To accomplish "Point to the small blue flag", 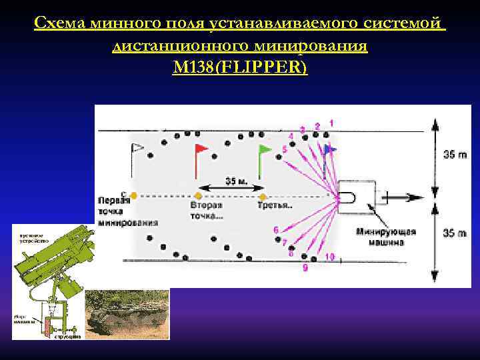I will pos(330,151).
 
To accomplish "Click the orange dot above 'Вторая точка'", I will pos(198,197).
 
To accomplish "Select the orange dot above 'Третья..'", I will pos(263,197).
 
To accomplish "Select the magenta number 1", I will pos(331,123).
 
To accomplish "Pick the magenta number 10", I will pos(329,257).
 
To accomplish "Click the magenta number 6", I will pos(276,231).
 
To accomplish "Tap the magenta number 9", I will pos(305,267).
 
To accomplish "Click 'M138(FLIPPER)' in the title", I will pos(240,67).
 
